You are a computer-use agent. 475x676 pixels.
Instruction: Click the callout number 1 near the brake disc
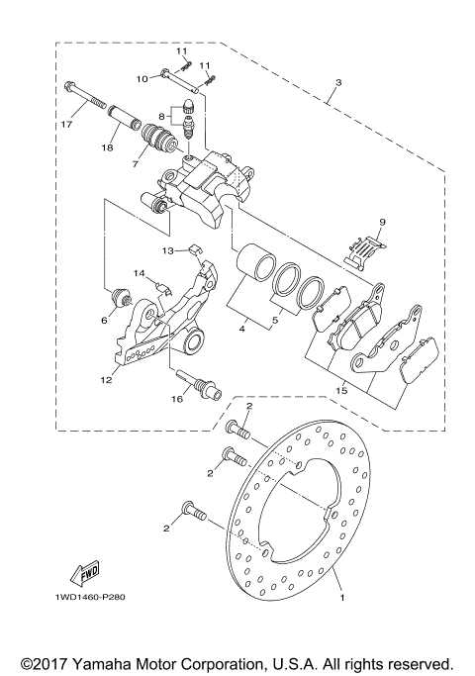click(342, 598)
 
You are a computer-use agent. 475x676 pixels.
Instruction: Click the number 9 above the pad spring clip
click(381, 223)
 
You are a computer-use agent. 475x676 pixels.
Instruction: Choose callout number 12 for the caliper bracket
click(104, 320)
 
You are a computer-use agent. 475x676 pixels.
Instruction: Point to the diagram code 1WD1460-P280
click(84, 597)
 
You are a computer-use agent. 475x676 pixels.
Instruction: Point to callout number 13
click(168, 250)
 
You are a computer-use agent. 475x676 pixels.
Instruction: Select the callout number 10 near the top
click(142, 77)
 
